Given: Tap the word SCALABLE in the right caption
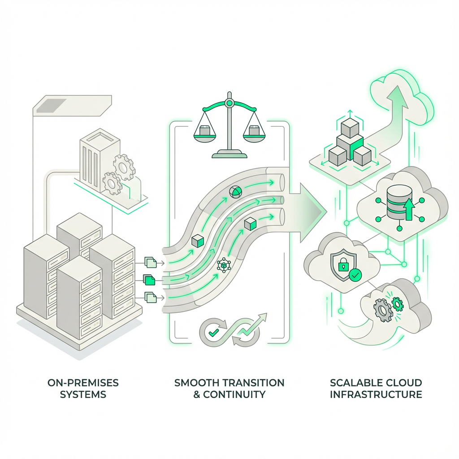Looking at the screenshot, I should [353, 383].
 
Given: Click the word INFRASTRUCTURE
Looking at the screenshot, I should [376, 395].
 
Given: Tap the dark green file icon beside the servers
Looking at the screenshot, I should [149, 280].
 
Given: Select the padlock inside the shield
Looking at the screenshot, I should [342, 265].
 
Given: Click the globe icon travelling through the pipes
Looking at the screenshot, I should [235, 192].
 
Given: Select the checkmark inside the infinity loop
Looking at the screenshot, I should [213, 333].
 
